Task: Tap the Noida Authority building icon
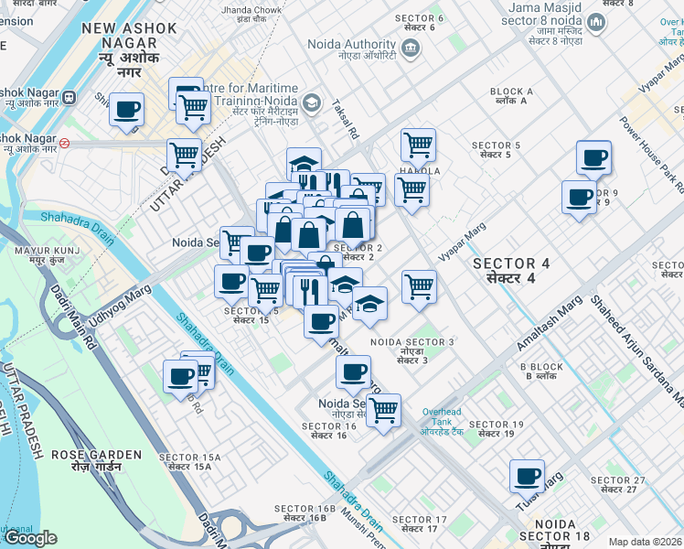coord(411,47)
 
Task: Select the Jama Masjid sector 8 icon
coord(596,22)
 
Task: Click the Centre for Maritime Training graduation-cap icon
coord(313,102)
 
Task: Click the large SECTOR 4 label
coord(511,270)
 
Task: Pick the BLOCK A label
coord(511,97)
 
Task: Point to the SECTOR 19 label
coord(496,429)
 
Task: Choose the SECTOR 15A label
coord(185,462)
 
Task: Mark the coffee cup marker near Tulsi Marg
coord(528,476)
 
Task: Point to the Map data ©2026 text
coord(646,542)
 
